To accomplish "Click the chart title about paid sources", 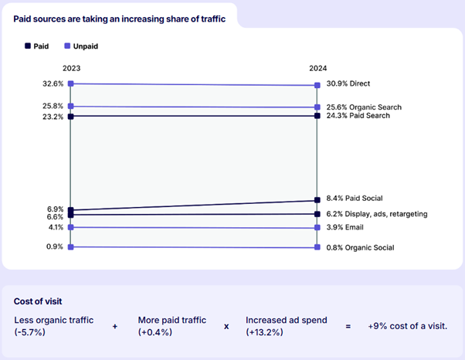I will click(120, 18).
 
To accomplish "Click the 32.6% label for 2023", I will click(53, 83).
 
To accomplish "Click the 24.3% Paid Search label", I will click(357, 116).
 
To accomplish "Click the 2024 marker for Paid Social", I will click(317, 201).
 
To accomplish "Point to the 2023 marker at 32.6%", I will click(70, 83).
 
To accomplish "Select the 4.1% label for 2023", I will click(55, 228).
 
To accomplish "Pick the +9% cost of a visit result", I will click(407, 326).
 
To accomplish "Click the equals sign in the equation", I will click(348, 326).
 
